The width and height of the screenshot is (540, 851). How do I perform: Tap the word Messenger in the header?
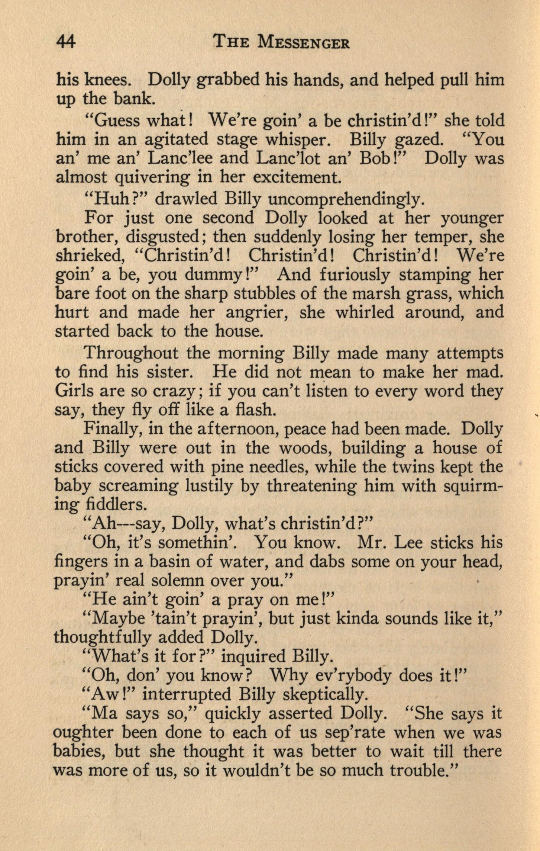pos(304,43)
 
